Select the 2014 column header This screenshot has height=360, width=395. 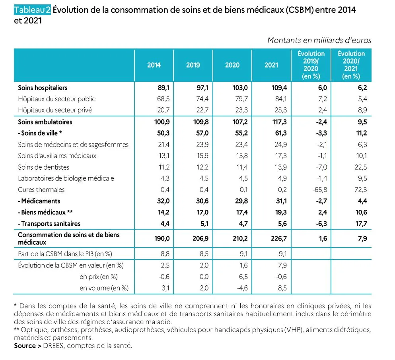pos(154,65)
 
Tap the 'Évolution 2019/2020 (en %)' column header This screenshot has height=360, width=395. pos(311,65)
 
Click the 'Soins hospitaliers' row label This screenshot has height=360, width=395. pos(43,87)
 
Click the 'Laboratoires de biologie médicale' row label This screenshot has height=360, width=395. pos(66,178)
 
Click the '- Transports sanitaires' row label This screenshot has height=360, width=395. pos(49,224)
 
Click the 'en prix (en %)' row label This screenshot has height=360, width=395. pos(101,277)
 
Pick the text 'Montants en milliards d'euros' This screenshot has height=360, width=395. pos(319,40)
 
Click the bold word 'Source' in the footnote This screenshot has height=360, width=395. pos(25,346)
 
